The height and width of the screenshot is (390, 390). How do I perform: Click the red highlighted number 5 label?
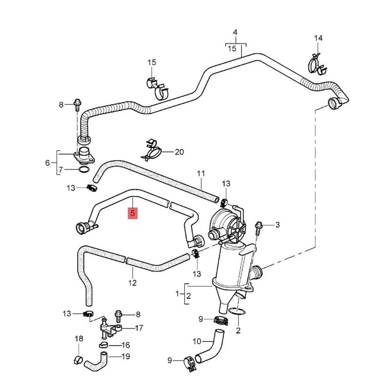(133, 213)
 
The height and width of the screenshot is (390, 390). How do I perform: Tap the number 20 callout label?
(179, 152)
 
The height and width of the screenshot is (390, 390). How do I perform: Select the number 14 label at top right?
(318, 38)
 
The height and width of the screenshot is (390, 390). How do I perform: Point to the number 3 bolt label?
(277, 225)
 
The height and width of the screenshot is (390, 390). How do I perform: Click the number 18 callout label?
(79, 339)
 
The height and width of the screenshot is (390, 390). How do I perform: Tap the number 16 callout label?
(125, 345)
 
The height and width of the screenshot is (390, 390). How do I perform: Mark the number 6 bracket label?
(48, 162)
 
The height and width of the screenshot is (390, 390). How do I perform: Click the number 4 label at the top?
(235, 33)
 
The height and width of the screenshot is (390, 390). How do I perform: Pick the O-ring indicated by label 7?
(83, 170)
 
